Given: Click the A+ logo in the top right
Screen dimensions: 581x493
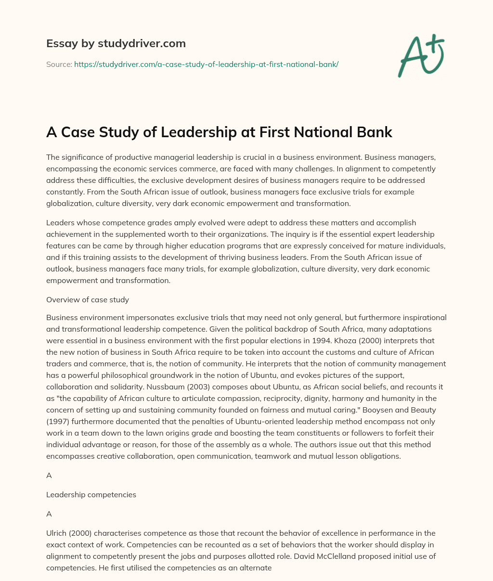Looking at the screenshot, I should click(x=420, y=55).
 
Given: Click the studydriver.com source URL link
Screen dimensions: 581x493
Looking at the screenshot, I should click(x=206, y=64).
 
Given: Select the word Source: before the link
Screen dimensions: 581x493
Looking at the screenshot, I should click(x=59, y=64).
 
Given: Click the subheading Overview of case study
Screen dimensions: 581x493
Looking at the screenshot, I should click(x=88, y=299).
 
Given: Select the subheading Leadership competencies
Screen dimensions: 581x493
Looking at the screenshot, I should click(x=91, y=494).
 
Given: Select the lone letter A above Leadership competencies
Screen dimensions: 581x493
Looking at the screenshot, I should click(x=49, y=475).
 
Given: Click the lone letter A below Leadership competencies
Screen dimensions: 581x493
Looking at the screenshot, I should click(x=49, y=514).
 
